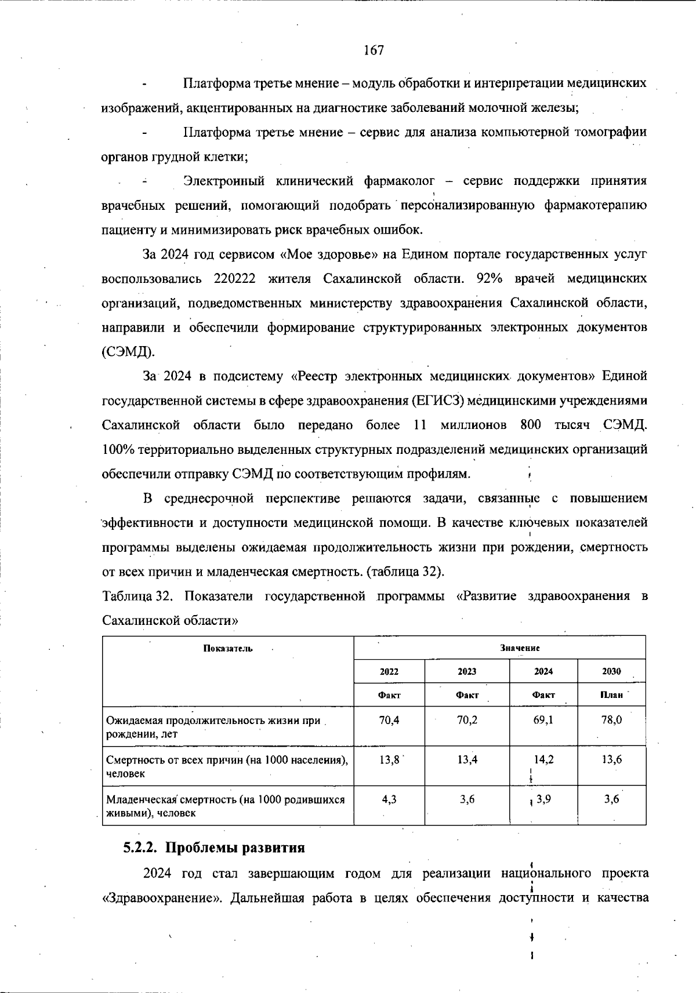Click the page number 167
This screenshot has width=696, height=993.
(x=374, y=50)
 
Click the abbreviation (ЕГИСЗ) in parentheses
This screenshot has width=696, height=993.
(x=438, y=401)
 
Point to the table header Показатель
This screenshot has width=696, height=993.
(x=227, y=648)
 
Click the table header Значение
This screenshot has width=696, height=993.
(x=520, y=648)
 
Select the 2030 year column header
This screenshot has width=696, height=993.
(x=611, y=671)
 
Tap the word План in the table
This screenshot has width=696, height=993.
(x=611, y=694)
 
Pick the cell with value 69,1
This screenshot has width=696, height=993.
(x=543, y=720)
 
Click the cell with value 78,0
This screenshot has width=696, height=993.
(x=612, y=720)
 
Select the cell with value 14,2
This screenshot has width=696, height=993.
(x=543, y=759)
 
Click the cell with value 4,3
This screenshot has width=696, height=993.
(x=389, y=799)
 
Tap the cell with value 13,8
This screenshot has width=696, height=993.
(x=389, y=759)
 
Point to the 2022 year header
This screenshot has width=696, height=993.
(x=389, y=671)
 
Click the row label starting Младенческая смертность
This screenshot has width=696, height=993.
(x=225, y=806)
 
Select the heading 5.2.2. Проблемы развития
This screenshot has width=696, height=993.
(x=213, y=847)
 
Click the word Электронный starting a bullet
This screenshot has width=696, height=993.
(x=224, y=181)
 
